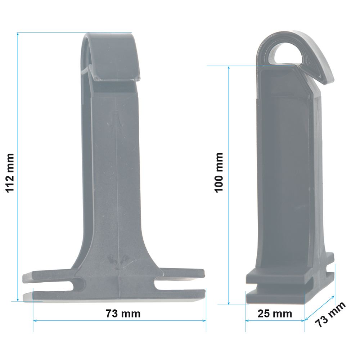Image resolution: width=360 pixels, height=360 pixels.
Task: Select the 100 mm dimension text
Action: click(x=219, y=172)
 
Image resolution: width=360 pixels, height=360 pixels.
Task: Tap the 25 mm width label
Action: click(x=275, y=314)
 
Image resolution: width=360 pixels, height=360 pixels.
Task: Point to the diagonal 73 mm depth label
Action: click(x=330, y=314)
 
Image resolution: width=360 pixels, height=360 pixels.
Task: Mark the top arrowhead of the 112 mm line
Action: click(x=17, y=34)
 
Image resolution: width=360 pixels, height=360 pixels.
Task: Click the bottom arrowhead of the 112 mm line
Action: click(x=17, y=300)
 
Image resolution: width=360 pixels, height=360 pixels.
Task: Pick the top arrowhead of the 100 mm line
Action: click(x=229, y=68)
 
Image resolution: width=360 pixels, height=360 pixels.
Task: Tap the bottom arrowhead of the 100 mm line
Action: click(x=229, y=303)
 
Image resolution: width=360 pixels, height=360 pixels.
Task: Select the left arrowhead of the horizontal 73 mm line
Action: click(x=35, y=320)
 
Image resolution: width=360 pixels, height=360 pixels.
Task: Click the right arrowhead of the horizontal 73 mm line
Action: click(x=204, y=320)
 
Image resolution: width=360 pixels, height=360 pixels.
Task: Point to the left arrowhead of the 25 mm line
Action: click(x=247, y=320)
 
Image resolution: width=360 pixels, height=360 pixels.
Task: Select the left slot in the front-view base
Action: click(x=77, y=284)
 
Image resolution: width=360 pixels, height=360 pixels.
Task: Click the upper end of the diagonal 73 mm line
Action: click(x=335, y=297)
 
